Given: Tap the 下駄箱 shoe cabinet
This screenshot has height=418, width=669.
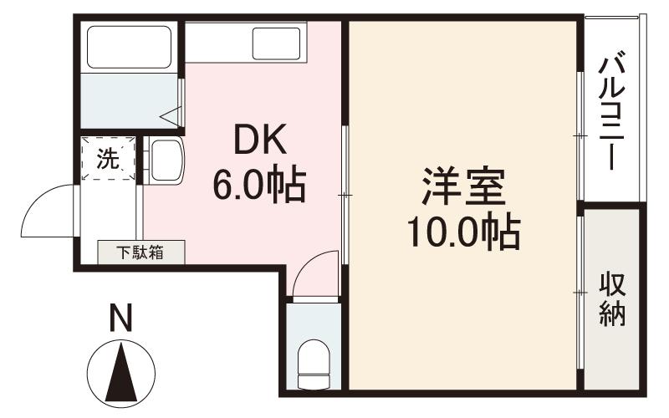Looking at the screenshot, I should coord(140,252).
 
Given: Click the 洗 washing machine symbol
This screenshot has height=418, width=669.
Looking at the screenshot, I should coord(108,158).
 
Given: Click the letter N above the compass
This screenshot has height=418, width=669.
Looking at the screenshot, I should coord(122,319).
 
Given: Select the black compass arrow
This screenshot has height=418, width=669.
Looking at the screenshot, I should coord(122,373).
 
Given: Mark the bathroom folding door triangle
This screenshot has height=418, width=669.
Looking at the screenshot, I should coord(172,116).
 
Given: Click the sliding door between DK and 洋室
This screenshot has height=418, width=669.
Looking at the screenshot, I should coord(345,196).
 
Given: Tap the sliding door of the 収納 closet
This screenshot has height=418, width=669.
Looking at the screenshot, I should coord(580,293).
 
